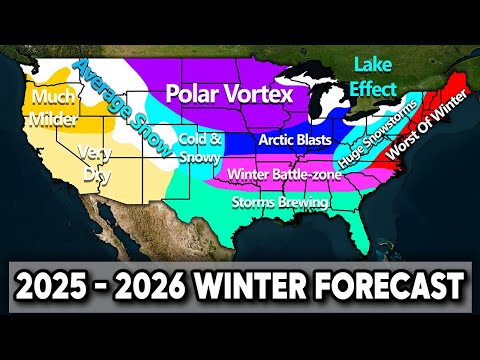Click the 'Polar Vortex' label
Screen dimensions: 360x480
pos(229,94)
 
